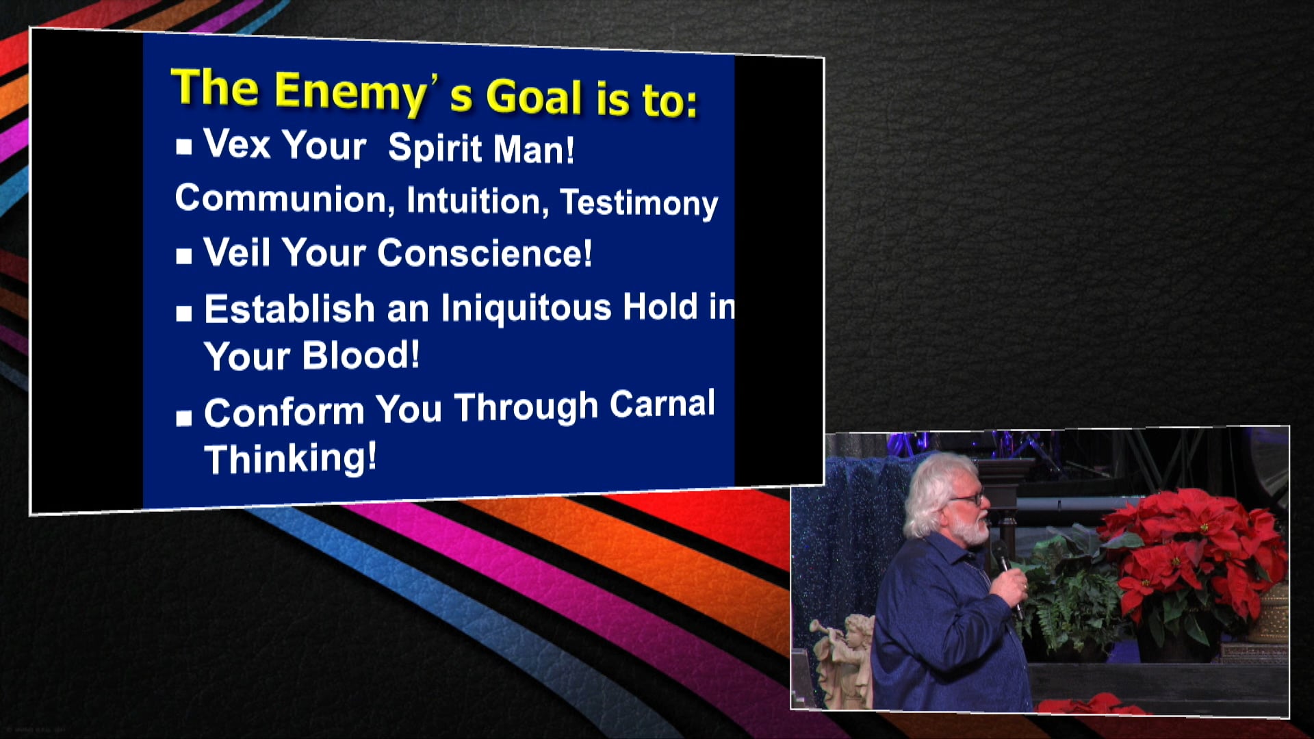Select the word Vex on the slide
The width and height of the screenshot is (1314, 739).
point(237,144)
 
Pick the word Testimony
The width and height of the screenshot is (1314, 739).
point(639,203)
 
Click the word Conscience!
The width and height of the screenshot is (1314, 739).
point(485,253)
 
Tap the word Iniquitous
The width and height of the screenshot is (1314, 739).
point(526,307)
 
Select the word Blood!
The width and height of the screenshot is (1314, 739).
point(361,355)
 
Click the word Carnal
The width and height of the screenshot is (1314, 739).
point(662,404)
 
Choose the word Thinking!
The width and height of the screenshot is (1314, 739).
point(290,458)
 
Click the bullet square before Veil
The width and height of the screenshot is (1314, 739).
point(183,256)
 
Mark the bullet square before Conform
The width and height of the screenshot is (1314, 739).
point(183,417)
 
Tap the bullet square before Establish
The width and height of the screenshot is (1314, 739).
point(183,313)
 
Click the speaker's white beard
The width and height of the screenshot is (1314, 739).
point(970,529)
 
